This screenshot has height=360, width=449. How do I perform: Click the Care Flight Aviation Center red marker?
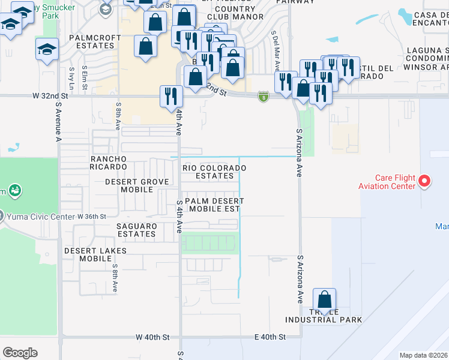pos(424,181)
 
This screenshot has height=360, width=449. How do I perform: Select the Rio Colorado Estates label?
pos(214,172)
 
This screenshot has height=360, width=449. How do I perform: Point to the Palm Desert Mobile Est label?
pos(212,205)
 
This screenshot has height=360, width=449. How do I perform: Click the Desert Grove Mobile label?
pos(129,185)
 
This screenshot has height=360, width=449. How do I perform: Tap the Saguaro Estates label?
pos(136,230)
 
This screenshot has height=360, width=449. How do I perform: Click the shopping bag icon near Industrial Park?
pos(324,299)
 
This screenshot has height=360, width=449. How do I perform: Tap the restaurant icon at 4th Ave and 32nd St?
pos(171,95)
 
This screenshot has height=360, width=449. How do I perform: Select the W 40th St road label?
pos(153,338)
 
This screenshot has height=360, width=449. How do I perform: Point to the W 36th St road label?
pos(91,216)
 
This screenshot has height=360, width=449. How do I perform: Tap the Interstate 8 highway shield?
pos(263,96)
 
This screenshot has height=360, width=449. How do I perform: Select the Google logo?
pos(20,353)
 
